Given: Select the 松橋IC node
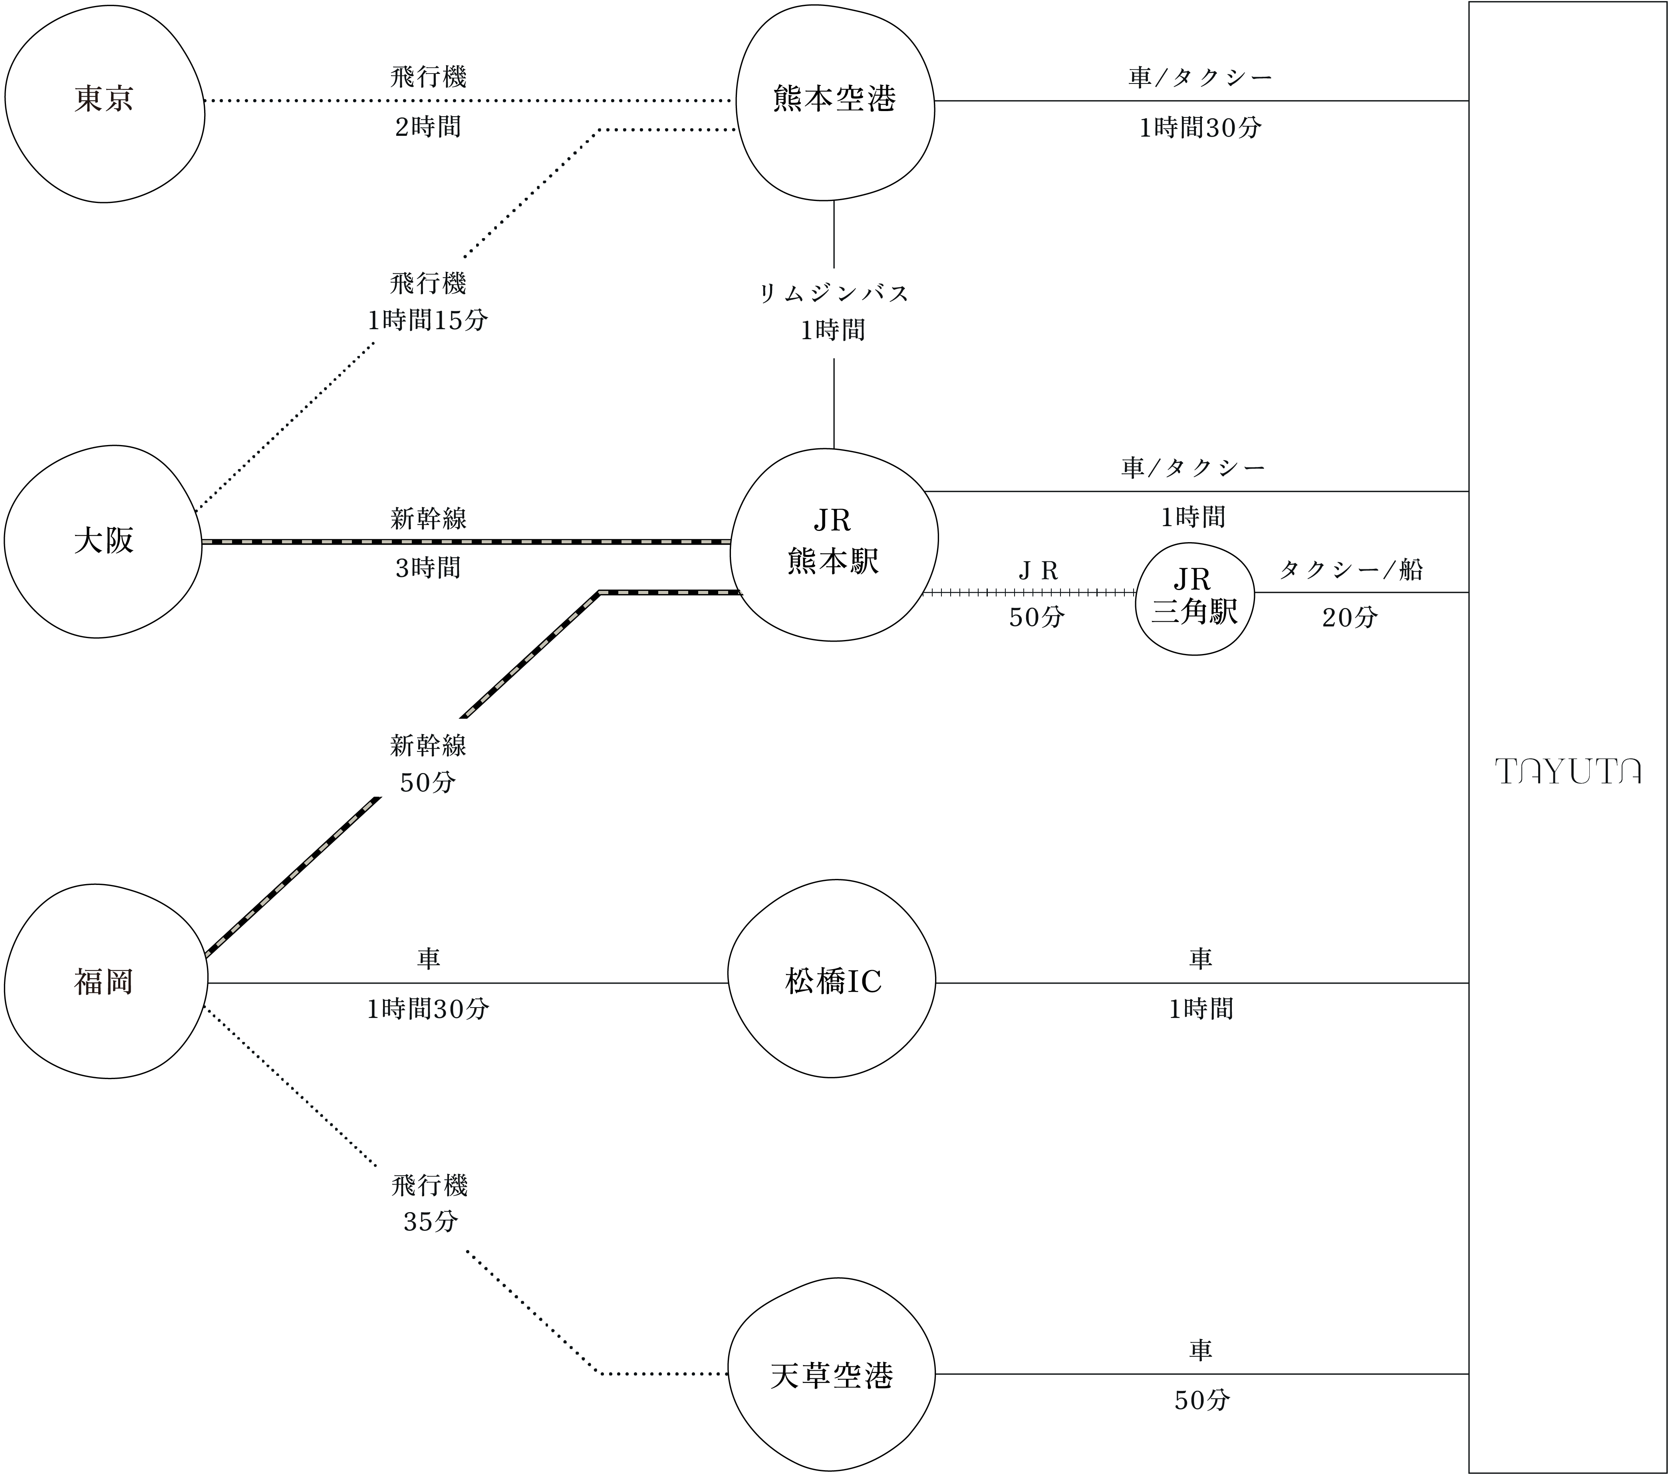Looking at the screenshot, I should tap(832, 981).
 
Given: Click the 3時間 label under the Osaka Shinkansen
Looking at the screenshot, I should tap(429, 568).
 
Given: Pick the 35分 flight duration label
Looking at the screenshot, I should tap(430, 1222).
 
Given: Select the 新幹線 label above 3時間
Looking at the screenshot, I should tap(429, 518).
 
